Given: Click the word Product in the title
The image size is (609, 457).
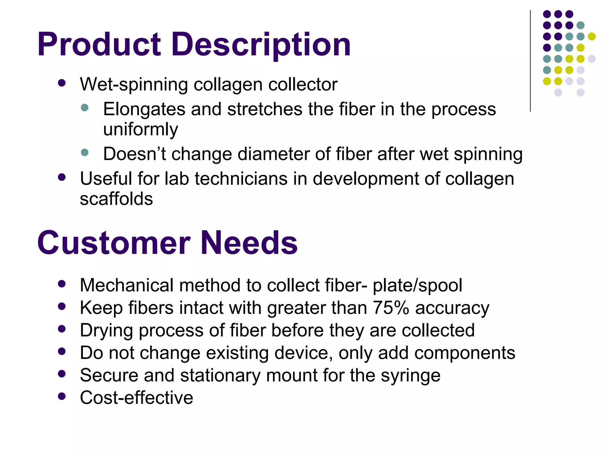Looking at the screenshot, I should coord(99,45).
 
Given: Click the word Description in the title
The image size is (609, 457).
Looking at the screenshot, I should coord(261,45).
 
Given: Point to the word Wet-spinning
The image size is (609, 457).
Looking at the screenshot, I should coord(134,84).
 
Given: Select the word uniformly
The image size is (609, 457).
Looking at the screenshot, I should coord(140,130).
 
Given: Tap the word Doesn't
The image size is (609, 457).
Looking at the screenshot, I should coord(134,154).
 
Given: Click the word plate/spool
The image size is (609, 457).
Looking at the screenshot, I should coord(417,285).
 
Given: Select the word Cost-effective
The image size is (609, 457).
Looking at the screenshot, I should coord(136,398).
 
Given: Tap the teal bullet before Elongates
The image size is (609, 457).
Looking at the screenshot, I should coord(85,107).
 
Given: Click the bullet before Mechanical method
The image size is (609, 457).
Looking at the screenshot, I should coord(62,284).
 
